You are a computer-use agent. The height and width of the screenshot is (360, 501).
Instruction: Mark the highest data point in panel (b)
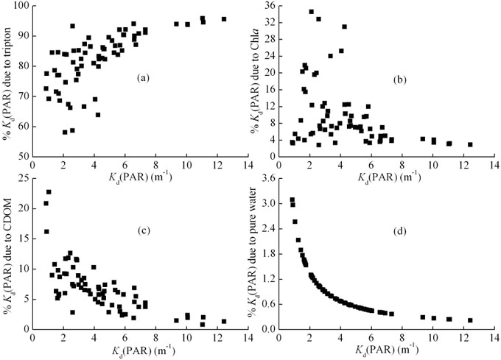tap(311, 12)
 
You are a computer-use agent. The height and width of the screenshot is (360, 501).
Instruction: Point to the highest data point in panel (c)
tap(49, 192)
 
